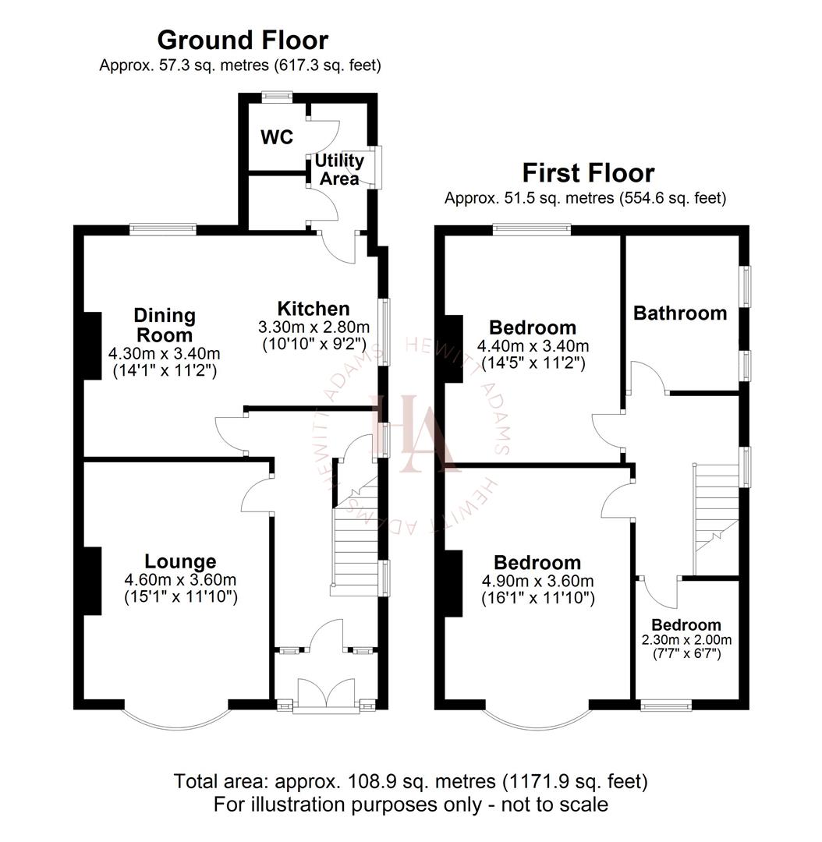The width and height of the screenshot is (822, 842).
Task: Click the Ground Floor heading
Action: click(243, 39)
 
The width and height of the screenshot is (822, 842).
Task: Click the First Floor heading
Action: click(588, 172)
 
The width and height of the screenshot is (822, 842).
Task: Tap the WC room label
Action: click(277, 137)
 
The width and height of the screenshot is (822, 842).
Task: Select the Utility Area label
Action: click(339, 169)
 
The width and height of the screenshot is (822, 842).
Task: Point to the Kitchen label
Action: click(314, 309)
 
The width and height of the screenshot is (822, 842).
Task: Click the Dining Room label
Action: click(164, 325)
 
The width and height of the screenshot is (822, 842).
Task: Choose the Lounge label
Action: click(180, 561)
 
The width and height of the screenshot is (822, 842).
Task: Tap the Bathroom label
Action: click(680, 313)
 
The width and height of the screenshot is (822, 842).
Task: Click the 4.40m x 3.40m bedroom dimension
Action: click(533, 346)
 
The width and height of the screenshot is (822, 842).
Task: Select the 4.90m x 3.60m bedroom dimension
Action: click(537, 582)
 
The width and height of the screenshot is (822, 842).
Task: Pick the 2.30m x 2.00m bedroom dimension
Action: click(686, 639)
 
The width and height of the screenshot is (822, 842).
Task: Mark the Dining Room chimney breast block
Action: click(93, 345)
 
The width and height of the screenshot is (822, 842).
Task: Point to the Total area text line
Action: click(410, 780)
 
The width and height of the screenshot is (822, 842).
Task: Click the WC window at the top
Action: click(277, 97)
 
